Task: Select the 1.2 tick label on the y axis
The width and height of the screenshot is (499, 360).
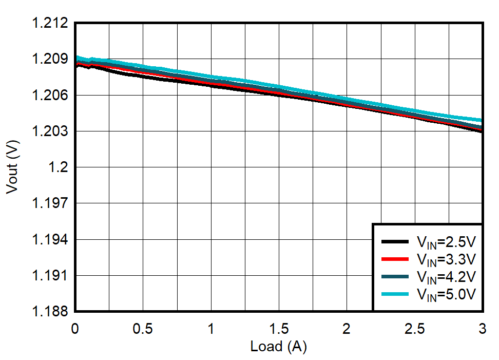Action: pos(60,167)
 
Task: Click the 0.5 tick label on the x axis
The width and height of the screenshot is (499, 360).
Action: pos(143,328)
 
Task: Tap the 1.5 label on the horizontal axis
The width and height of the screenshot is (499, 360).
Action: pos(278,328)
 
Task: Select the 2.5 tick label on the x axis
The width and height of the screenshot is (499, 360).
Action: pos(414,328)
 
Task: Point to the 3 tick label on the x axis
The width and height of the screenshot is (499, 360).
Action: pos(482,328)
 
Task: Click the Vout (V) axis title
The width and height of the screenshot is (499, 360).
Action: pos(12,167)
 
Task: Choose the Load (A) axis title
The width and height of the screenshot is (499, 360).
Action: pos(278,347)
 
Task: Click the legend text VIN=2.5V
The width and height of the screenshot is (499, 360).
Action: pos(446,242)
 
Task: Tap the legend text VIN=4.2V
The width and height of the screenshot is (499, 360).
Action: pos(446,277)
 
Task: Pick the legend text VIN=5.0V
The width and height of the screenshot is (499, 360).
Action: pos(446,294)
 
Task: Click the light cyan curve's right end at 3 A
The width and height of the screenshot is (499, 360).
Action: pos(481,121)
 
